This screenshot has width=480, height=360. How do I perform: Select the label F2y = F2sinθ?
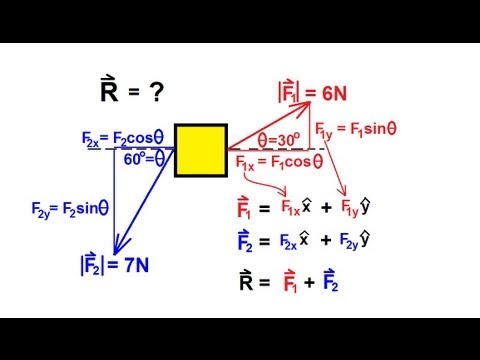coord(69,209)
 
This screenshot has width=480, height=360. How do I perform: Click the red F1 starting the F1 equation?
coord(243,211)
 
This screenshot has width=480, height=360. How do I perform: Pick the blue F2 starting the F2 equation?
coord(243,241)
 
